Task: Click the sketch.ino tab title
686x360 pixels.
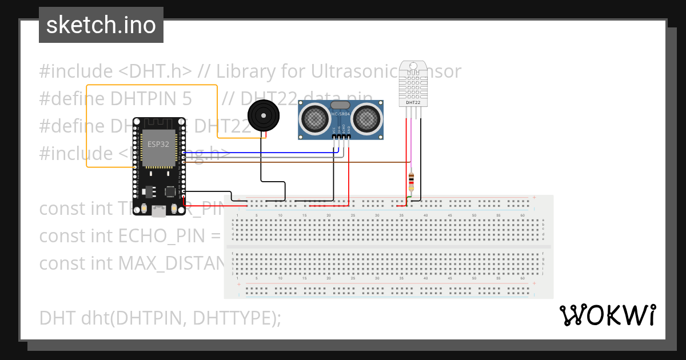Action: pyautogui.click(x=101, y=25)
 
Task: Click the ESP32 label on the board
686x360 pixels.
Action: pyautogui.click(x=158, y=144)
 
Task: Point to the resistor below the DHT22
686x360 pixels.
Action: pyautogui.click(x=412, y=183)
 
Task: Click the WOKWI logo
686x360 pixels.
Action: pyautogui.click(x=607, y=315)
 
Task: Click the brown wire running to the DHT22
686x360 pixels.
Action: pyautogui.click(x=286, y=162)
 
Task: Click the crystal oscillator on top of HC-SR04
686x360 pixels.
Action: pyautogui.click(x=340, y=105)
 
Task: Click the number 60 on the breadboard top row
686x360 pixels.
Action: pyautogui.click(x=522, y=215)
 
